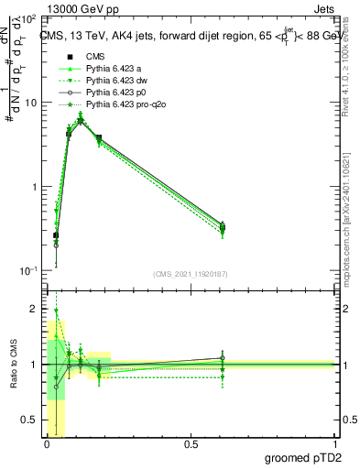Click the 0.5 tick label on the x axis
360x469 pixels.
[x=191, y=444]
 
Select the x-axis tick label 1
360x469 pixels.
[x=334, y=444]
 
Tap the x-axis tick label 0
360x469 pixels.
[x=47, y=444]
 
